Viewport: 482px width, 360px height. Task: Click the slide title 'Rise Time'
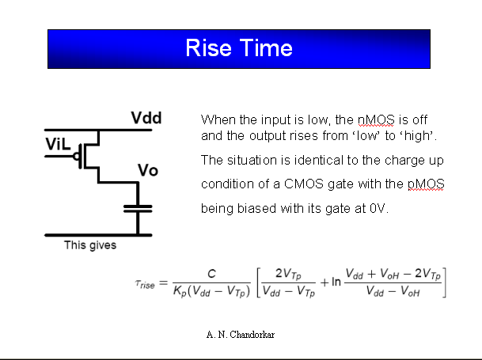pyautogui.click(x=239, y=48)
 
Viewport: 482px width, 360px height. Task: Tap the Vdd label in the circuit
pyautogui.click(x=146, y=119)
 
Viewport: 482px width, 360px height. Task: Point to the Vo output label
pyautogui.click(x=148, y=171)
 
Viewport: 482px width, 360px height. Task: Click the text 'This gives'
pyautogui.click(x=90, y=245)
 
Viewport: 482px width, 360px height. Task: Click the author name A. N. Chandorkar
pyautogui.click(x=241, y=335)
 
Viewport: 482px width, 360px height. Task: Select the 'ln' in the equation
pyautogui.click(x=336, y=282)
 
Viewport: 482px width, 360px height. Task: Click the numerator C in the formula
pyautogui.click(x=211, y=274)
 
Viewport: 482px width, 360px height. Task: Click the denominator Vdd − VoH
pyautogui.click(x=393, y=293)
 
